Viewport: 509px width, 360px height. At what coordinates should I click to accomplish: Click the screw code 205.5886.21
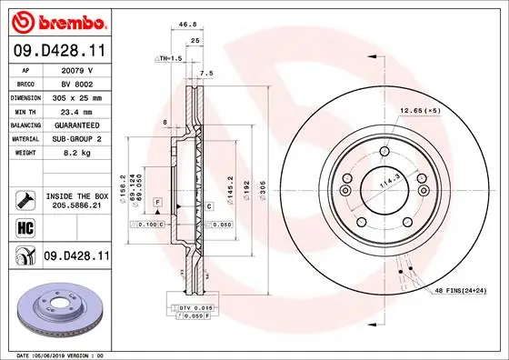[76, 206]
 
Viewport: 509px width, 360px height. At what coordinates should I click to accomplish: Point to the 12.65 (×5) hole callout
[419, 110]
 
